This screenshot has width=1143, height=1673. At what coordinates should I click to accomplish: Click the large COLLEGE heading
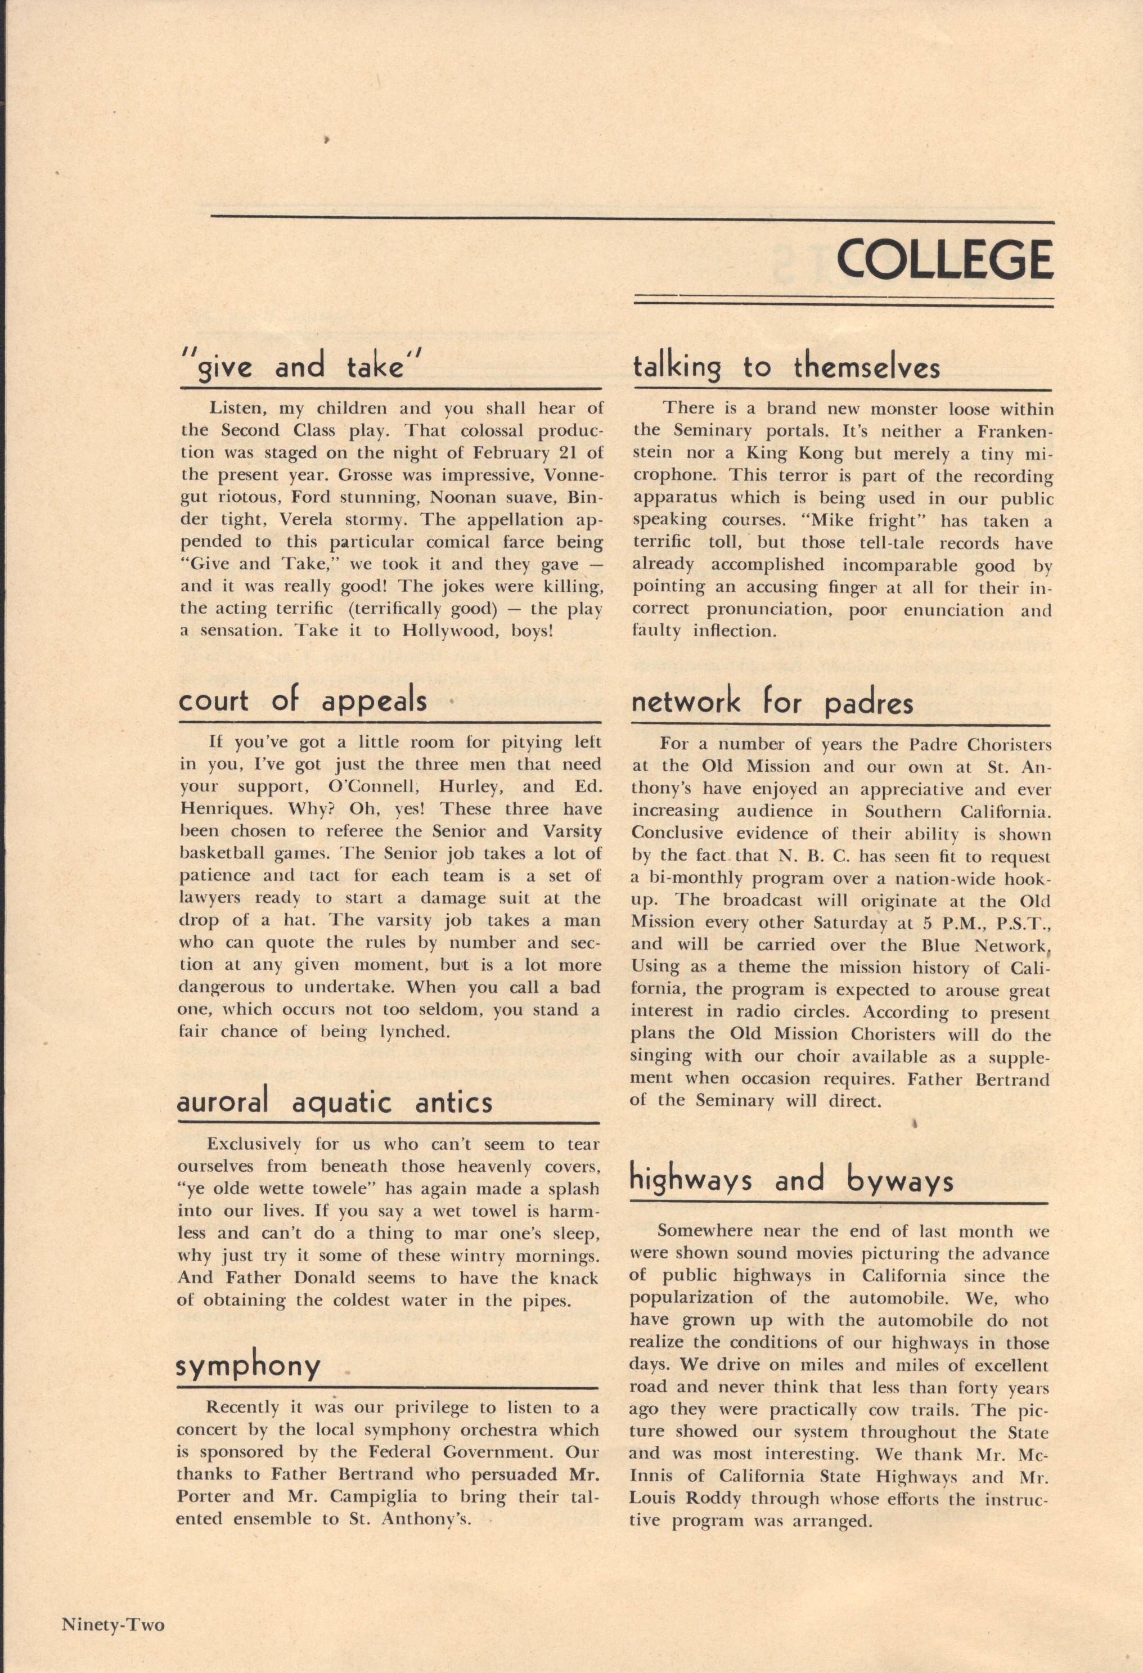[x=944, y=259]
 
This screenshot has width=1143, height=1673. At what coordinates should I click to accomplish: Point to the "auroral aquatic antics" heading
[x=335, y=1102]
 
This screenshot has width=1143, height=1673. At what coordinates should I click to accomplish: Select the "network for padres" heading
[x=772, y=702]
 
